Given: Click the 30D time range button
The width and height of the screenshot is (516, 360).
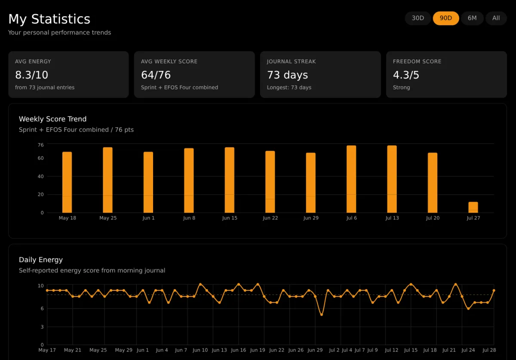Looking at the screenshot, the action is coord(418,18).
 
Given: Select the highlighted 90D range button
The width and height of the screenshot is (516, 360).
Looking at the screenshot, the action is coord(446,18).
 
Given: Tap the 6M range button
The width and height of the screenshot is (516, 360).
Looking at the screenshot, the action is coord(472,18).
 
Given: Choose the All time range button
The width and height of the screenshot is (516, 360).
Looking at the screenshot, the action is coord(496,18).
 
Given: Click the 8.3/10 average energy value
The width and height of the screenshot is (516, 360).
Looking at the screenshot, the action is coord(31,75).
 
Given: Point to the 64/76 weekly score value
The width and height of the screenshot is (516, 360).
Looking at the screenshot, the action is coord(156,75).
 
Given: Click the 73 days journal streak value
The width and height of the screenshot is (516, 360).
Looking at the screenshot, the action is coord(287,75).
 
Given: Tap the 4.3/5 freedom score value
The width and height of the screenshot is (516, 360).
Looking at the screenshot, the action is coord(406,75).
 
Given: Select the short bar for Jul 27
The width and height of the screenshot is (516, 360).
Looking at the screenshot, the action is coord(473,207).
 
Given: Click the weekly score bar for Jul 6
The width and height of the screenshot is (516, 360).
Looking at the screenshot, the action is coord(351,179).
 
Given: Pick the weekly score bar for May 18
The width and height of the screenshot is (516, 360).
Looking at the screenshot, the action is coord(67,182).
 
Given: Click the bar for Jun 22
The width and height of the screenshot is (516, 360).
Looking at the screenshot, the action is coord(270,182).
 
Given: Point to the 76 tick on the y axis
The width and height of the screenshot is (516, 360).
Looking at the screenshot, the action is coord(40,145).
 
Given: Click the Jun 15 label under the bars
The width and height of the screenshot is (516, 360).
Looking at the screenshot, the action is coord(230,218).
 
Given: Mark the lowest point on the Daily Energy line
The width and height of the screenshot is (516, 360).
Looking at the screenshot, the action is coord(322,314).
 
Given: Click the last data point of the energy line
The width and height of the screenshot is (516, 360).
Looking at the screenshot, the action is coord(494,290).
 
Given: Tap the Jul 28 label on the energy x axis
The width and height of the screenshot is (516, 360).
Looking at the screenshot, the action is coord(489,350).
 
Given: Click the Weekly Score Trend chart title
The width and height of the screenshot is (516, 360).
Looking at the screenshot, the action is coord(52,119).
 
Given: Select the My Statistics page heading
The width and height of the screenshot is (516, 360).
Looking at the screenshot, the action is coord(49,19).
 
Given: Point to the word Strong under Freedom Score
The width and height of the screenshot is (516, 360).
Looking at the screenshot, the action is coord(401,88).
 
